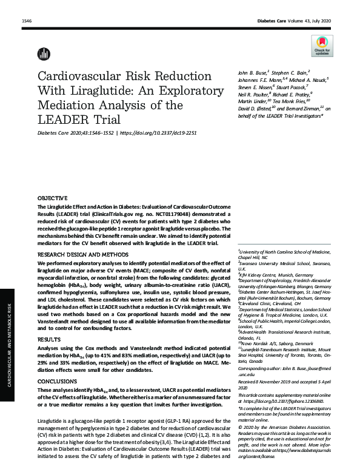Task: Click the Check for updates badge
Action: click(321, 45)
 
